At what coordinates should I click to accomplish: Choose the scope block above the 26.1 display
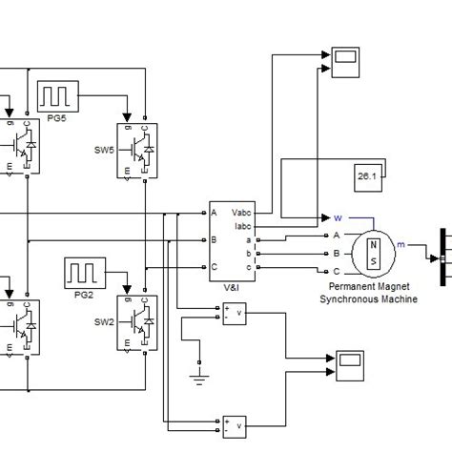[x=343, y=60]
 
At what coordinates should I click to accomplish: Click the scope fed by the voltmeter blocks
[x=351, y=362]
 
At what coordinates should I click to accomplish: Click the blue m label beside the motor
[x=401, y=245]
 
